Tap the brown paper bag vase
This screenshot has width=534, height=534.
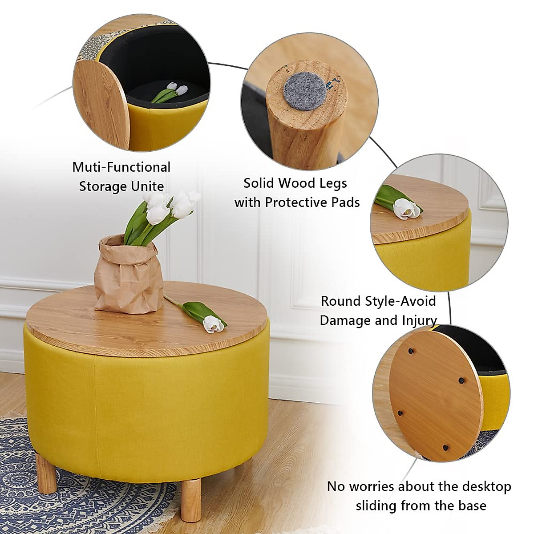(x=128, y=275)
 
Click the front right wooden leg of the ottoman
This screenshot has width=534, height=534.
(x=191, y=498)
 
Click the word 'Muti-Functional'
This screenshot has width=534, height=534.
(x=121, y=167)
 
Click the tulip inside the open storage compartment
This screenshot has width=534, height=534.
(x=171, y=92)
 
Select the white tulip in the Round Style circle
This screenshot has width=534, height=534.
(x=406, y=208)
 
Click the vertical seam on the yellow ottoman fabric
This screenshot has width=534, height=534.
(x=95, y=400)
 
